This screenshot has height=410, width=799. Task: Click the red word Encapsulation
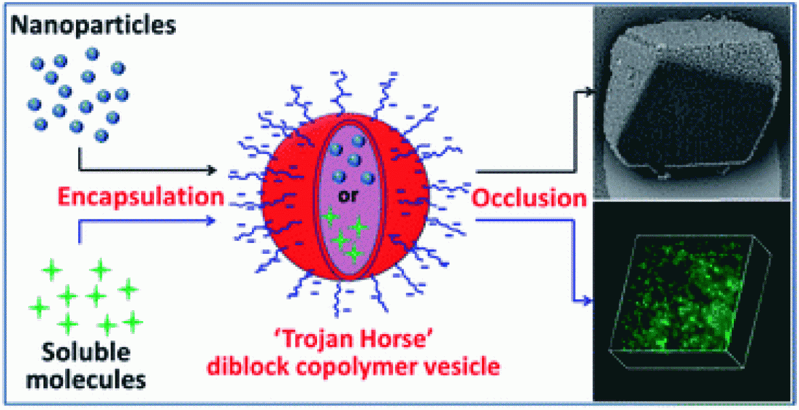click(x=140, y=197)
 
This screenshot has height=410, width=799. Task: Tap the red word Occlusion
click(x=529, y=199)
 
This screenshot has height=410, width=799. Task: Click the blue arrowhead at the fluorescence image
click(x=589, y=299)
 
